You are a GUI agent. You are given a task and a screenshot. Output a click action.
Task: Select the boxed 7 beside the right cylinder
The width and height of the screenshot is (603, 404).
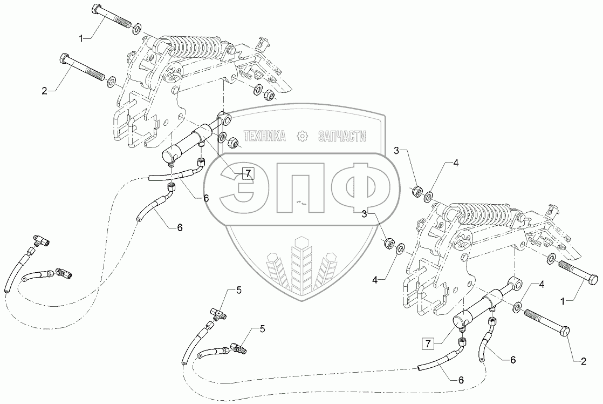tap(427, 342)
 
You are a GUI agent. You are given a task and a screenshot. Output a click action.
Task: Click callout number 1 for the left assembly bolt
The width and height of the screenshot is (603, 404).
tap(81, 38)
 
